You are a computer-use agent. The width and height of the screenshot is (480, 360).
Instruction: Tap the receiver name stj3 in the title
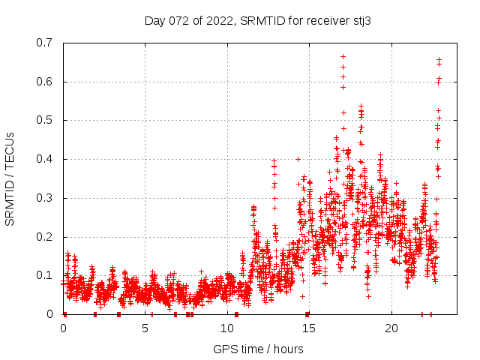click(x=360, y=20)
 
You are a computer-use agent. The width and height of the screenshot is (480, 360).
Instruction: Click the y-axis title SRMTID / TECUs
click(x=10, y=178)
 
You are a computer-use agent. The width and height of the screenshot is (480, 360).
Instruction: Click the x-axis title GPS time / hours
click(x=258, y=349)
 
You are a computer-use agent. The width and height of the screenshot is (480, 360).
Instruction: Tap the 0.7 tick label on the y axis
click(x=45, y=43)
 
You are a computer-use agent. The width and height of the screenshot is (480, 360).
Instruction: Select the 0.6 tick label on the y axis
click(x=45, y=82)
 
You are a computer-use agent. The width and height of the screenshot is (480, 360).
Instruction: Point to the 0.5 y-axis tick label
click(x=45, y=120)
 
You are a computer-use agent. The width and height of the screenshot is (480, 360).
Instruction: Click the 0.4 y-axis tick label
click(x=45, y=159)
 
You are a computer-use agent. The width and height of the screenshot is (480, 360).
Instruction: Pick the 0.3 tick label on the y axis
click(x=45, y=198)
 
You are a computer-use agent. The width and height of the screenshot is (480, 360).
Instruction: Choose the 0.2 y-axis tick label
click(x=45, y=237)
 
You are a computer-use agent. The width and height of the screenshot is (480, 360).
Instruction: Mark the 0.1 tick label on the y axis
click(x=45, y=275)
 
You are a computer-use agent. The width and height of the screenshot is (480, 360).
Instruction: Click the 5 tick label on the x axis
click(x=145, y=328)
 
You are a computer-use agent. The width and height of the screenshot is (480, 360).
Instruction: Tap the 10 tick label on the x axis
click(x=227, y=328)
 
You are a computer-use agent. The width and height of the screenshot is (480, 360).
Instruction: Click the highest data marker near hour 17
click(x=343, y=56)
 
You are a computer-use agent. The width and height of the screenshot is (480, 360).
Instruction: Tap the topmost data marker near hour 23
click(x=439, y=59)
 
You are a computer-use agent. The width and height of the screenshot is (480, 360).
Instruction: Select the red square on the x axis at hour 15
click(x=307, y=314)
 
